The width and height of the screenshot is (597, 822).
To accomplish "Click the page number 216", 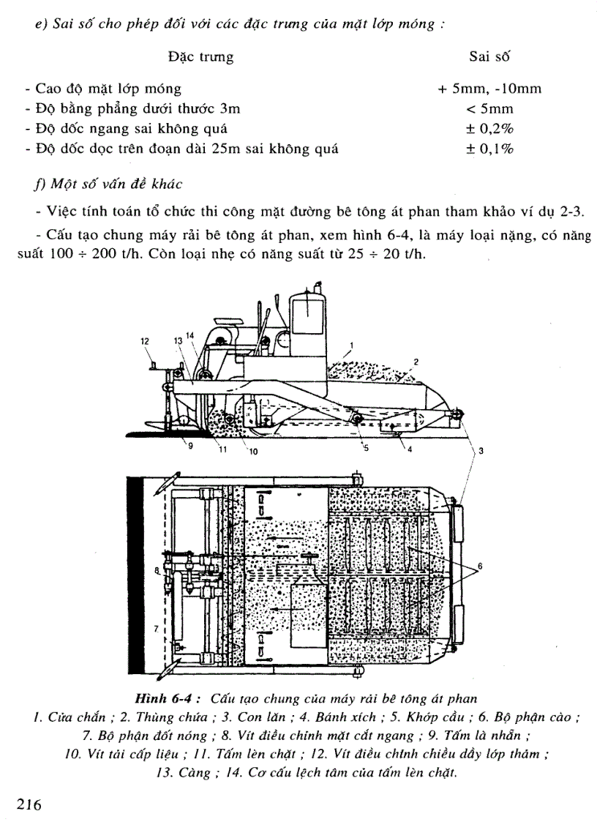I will [x=26, y=804].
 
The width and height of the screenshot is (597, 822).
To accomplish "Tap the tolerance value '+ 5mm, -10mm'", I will [x=489, y=89].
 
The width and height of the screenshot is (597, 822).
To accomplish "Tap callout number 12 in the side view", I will [x=145, y=340].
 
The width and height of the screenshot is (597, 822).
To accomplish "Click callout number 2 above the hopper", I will [x=416, y=362].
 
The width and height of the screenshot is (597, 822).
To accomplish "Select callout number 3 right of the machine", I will [x=481, y=452].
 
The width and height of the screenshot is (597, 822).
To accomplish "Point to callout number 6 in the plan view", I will [x=480, y=566].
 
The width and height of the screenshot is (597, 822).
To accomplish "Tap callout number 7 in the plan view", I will [x=156, y=628].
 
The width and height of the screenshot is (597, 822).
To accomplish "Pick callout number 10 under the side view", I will [x=253, y=452].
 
